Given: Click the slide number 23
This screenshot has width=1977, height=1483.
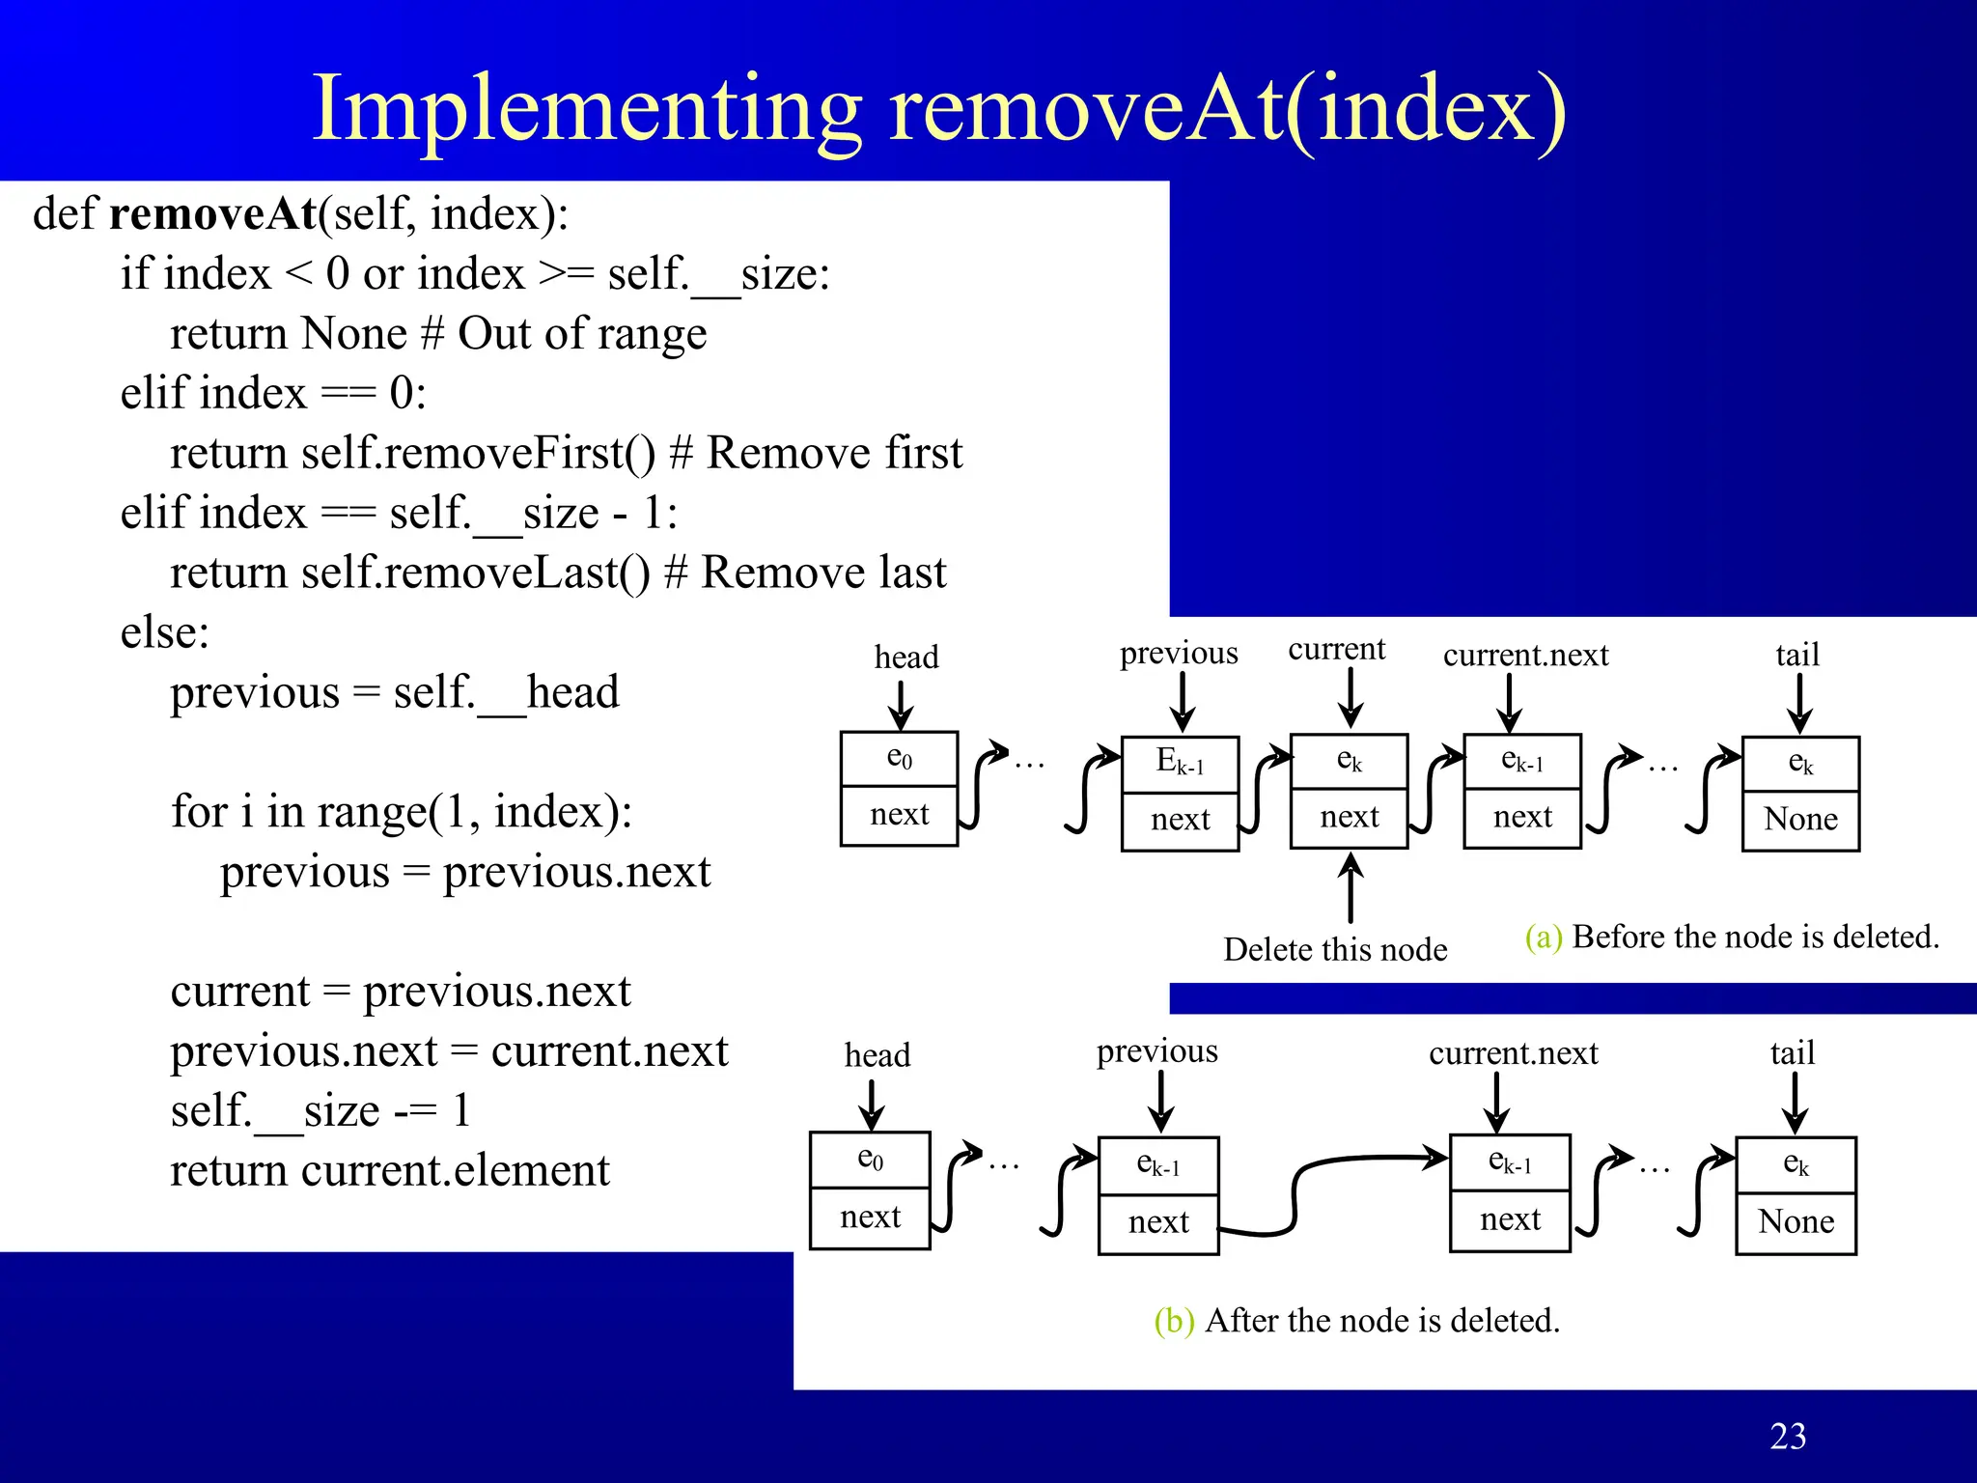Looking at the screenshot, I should [x=1788, y=1437].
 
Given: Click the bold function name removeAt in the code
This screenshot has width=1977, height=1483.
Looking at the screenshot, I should [x=213, y=213].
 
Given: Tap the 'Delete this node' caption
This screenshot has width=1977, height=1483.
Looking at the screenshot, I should [x=1335, y=950].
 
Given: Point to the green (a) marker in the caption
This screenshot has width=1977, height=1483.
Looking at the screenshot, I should [x=1543, y=937].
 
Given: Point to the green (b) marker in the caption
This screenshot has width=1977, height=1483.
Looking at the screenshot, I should [x=1174, y=1320].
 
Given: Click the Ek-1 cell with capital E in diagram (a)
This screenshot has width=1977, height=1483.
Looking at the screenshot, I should [x=1180, y=764].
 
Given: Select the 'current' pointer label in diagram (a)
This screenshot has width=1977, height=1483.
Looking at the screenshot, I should [x=1336, y=649].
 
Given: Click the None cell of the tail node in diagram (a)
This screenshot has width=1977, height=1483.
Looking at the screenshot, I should [x=1800, y=820].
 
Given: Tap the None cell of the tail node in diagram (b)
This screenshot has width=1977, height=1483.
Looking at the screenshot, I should [x=1796, y=1222].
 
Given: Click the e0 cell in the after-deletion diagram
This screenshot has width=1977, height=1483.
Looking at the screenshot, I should [x=870, y=1159].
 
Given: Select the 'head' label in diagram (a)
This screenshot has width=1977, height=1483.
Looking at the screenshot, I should [x=905, y=658].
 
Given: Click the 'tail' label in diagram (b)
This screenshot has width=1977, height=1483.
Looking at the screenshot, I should [x=1793, y=1052].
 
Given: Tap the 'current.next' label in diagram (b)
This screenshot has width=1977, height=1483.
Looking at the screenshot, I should [x=1513, y=1052].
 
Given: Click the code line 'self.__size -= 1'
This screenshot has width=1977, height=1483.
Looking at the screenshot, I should [x=320, y=1110].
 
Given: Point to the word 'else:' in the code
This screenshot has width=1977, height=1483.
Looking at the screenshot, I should [x=164, y=633].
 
